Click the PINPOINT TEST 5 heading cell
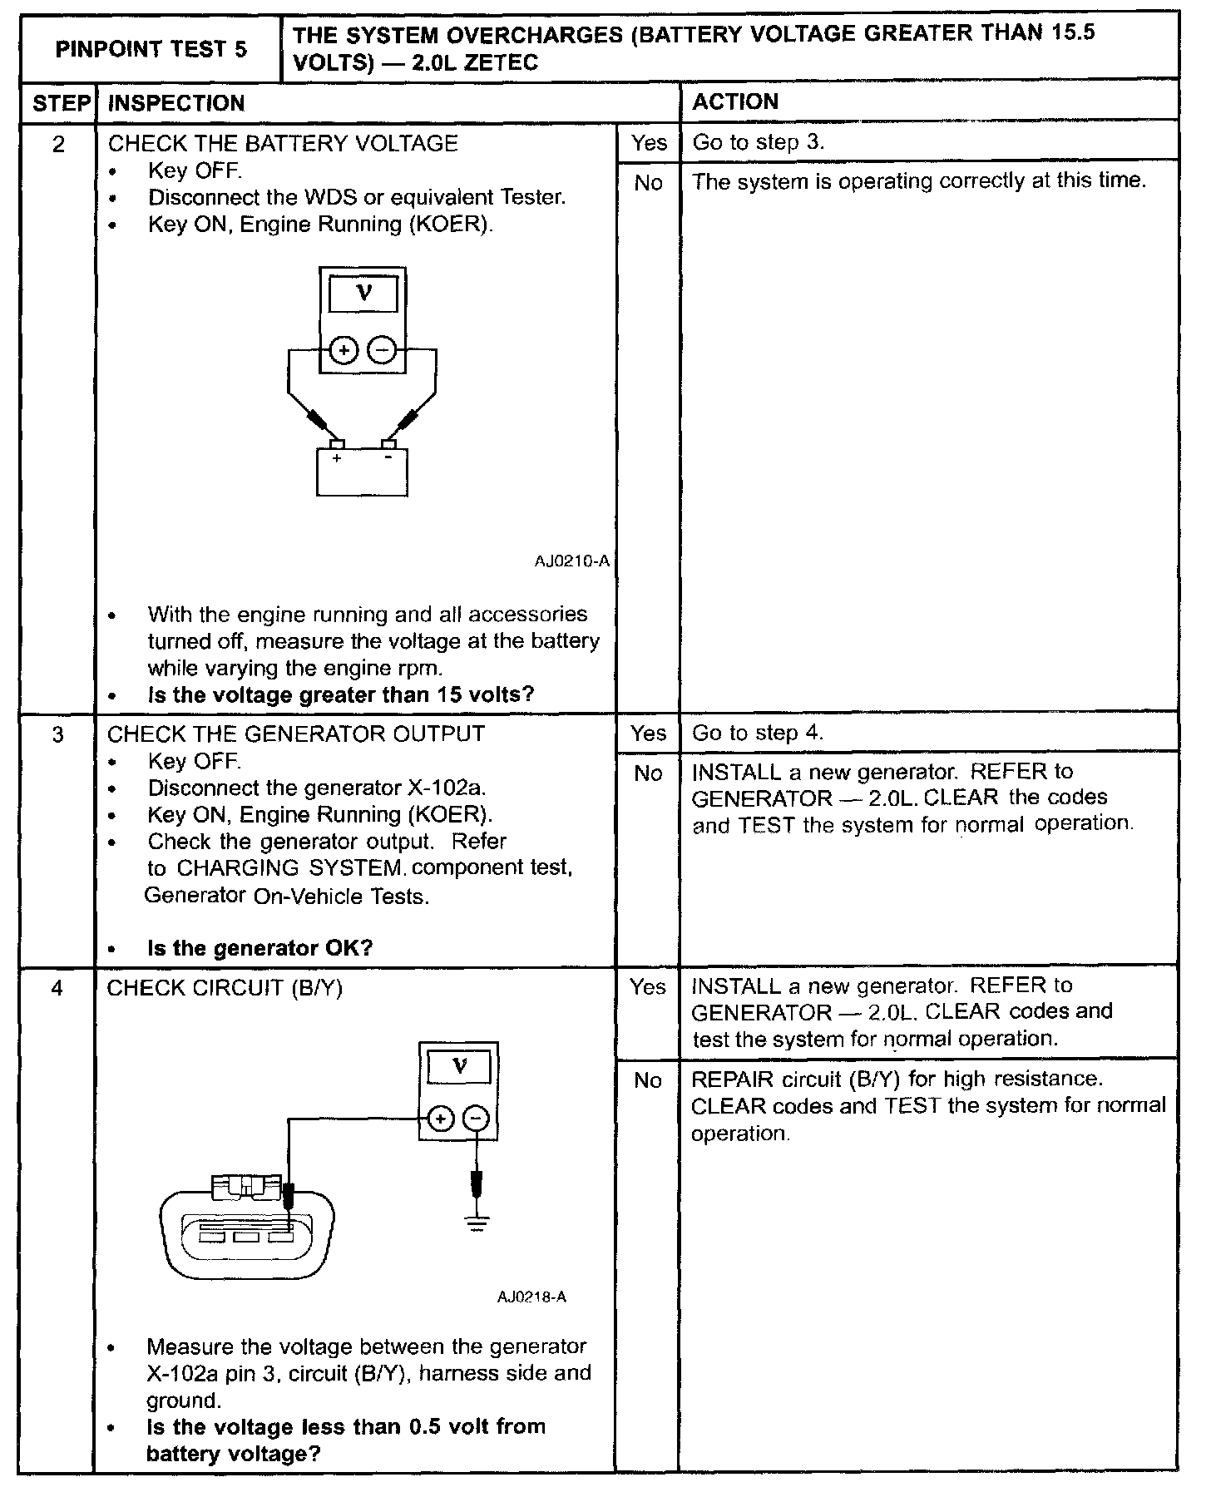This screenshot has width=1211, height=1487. [x=151, y=49]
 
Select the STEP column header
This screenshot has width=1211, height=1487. [x=60, y=103]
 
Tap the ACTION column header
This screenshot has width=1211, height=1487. [x=735, y=101]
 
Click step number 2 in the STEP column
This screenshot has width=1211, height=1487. [x=58, y=144]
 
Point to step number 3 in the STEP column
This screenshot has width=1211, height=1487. [x=57, y=734]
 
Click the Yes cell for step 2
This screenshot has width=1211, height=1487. [x=649, y=142]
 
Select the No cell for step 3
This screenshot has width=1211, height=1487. [x=648, y=773]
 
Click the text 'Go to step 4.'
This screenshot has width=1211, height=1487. [x=758, y=734]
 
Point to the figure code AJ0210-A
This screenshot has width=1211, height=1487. [x=572, y=561]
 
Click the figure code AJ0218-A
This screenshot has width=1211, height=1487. [x=532, y=1297]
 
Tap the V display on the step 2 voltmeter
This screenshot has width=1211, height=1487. [x=363, y=293]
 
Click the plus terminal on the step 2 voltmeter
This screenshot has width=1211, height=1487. [x=343, y=351]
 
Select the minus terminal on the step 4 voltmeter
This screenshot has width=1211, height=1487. [x=476, y=1119]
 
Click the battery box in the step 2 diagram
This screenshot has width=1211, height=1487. [x=362, y=472]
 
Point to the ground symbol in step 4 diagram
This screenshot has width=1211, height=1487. [x=477, y=1223]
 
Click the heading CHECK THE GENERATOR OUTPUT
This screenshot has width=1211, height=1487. [x=296, y=734]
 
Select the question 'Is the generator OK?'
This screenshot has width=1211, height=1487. [x=259, y=948]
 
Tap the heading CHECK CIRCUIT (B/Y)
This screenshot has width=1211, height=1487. [x=225, y=988]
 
